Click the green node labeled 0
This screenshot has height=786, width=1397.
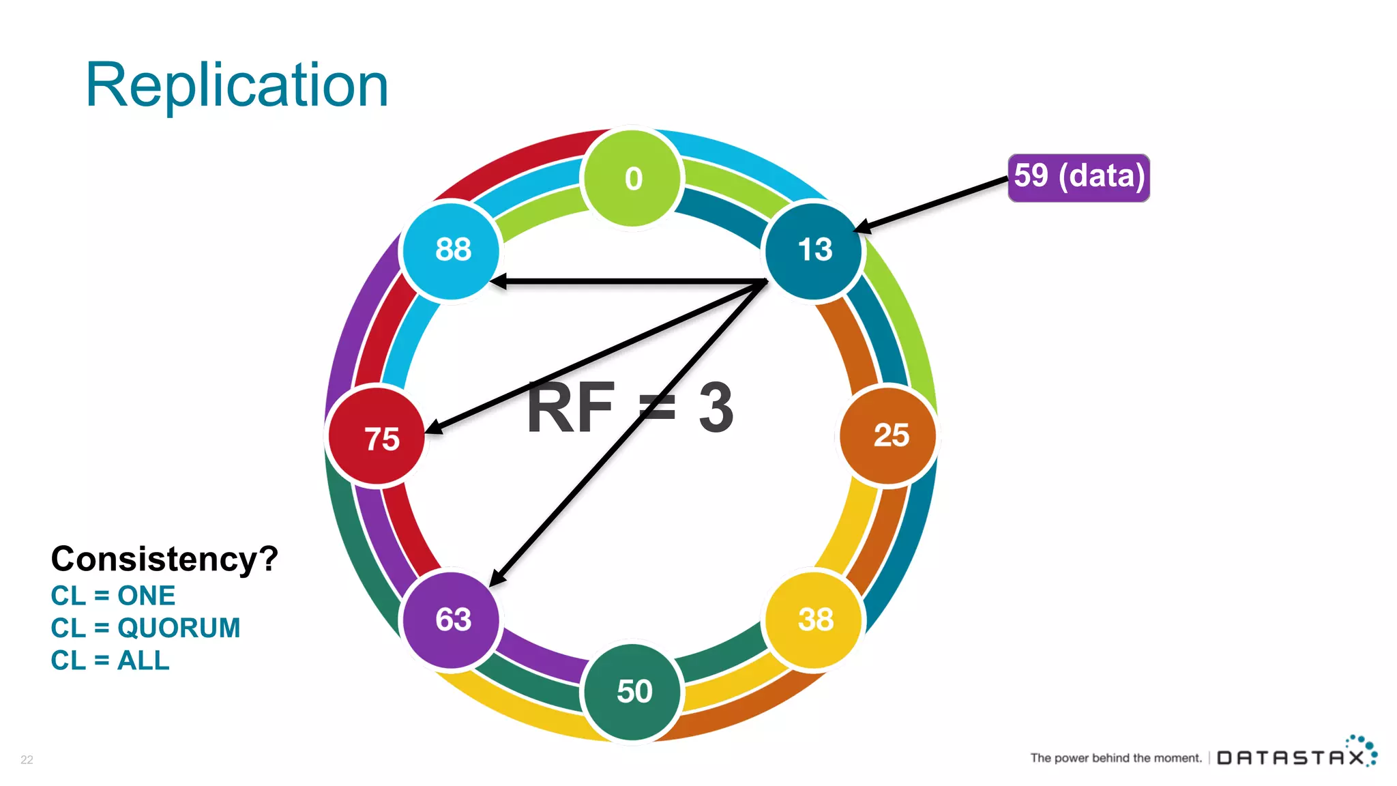coord(632,178)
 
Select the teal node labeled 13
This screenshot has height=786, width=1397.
coord(814,250)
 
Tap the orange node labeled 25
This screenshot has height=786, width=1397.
coord(889,435)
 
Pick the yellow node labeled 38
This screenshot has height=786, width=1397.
coord(814,620)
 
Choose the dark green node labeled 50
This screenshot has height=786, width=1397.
coord(633,691)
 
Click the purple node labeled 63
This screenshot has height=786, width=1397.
coord(452,620)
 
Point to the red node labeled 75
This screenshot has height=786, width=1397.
coord(377,437)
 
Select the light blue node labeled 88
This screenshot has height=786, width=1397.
coord(452,250)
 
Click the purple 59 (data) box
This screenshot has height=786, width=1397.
coord(1078,177)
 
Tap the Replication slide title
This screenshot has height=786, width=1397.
coord(237,85)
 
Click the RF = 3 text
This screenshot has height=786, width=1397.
coord(630,408)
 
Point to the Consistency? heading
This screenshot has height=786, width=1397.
coord(164,559)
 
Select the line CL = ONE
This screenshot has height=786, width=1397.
coord(113,596)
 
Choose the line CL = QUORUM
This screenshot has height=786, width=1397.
coord(145,628)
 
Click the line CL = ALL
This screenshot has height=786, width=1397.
coord(110,660)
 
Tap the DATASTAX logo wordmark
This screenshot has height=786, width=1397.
coord(1291,757)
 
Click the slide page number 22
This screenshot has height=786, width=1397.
coord(27,759)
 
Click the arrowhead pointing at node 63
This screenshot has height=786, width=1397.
coord(497,578)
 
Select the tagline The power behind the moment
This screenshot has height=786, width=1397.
coord(1115,758)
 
